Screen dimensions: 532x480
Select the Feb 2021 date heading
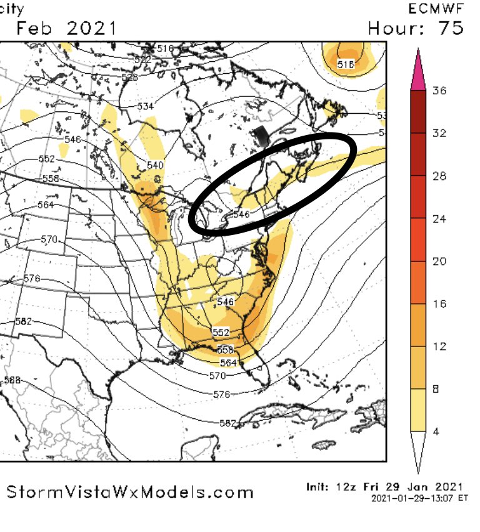(x=66, y=28)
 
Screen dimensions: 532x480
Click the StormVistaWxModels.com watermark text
(x=130, y=492)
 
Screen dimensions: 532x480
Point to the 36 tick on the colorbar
(x=440, y=91)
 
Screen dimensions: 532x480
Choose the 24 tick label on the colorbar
(x=440, y=219)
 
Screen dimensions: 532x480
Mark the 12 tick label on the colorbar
(x=440, y=346)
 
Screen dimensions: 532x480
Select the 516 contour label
(x=165, y=48)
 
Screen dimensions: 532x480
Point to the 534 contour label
(x=146, y=106)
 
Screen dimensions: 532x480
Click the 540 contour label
(x=154, y=165)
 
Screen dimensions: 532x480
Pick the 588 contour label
(x=12, y=379)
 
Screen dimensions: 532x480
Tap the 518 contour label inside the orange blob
(x=346, y=64)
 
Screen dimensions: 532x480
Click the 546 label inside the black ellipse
(x=241, y=213)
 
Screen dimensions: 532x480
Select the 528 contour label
(x=130, y=77)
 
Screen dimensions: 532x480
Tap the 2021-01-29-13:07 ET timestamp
(x=419, y=499)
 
